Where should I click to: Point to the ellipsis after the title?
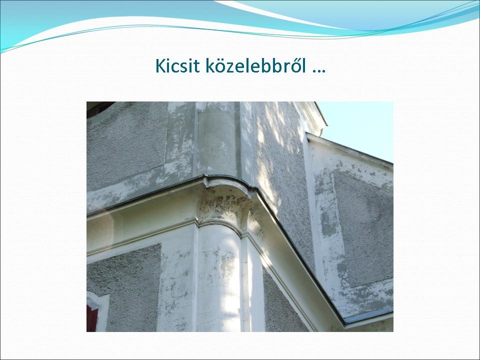click(x=318, y=71)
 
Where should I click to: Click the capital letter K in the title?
click(x=160, y=65)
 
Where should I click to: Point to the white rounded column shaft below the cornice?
click(x=218, y=277)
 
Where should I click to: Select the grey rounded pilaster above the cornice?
click(x=216, y=139)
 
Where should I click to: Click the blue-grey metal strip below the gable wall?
click(x=368, y=315)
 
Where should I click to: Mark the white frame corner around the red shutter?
click(x=99, y=301)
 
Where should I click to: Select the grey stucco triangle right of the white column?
click(x=281, y=303)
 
